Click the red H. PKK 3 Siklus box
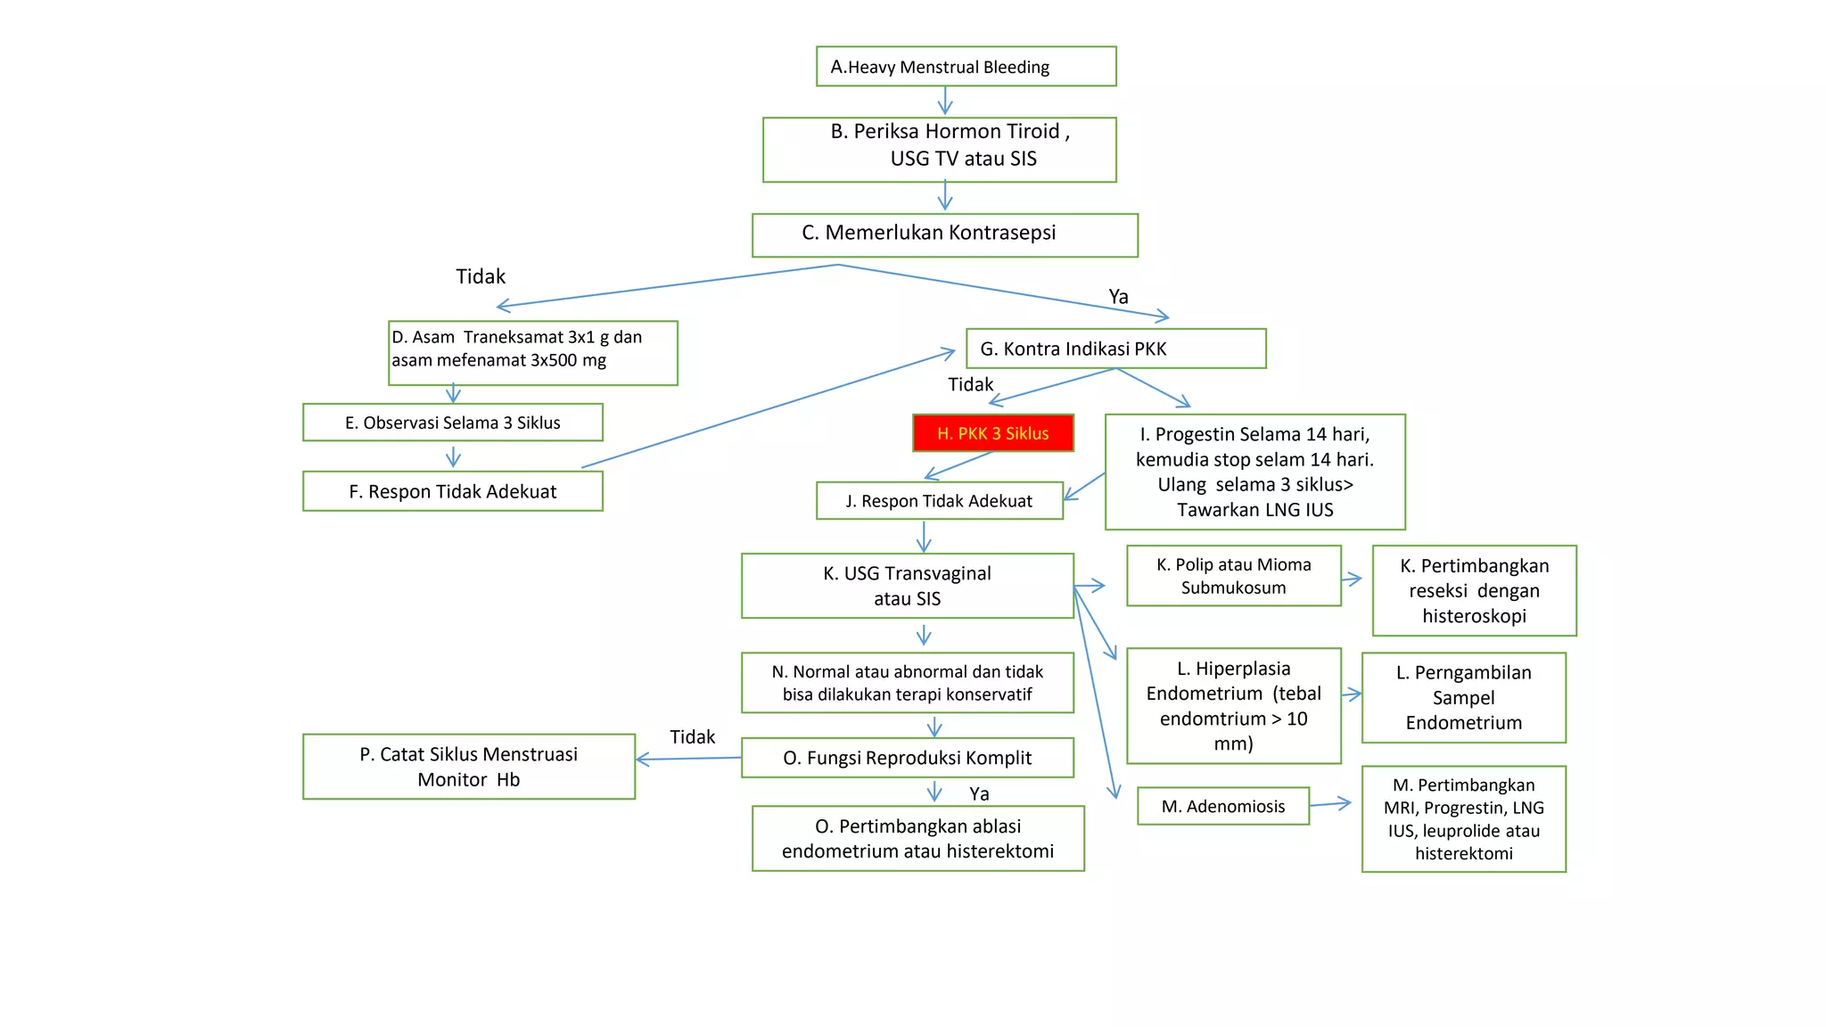coord(992,433)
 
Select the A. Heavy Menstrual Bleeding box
coord(966,67)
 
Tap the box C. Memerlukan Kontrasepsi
coord(944,234)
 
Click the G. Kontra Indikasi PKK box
coord(1115,349)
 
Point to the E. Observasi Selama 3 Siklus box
coord(453,423)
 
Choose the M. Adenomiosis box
coord(1222,806)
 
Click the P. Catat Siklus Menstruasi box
coord(469,767)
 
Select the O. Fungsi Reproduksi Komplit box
coord(907,758)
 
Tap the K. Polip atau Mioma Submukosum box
coord(1233,576)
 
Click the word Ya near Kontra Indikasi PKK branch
coord(1118,297)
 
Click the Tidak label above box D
coord(481,276)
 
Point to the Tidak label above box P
coord(692,737)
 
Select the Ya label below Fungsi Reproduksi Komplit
coord(979,794)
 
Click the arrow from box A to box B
coord(945,101)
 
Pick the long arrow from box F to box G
coord(767,409)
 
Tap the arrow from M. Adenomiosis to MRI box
coord(1331,804)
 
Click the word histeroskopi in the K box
coord(1474,616)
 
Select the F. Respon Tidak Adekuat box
coord(453,491)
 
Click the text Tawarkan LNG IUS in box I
coord(1254,510)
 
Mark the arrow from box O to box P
coord(687,759)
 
